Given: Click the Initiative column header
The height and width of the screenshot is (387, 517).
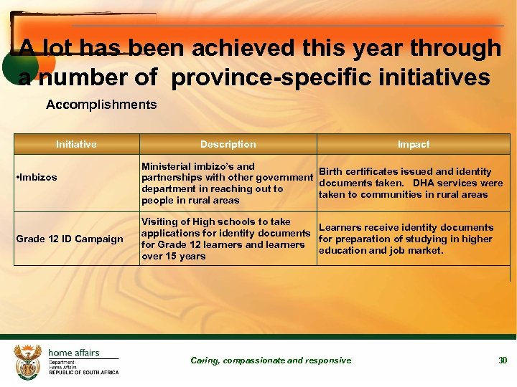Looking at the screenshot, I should coord(76,144).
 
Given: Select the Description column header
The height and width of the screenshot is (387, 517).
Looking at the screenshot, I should coord(228,144).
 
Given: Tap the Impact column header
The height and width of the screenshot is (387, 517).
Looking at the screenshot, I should coord(414,144).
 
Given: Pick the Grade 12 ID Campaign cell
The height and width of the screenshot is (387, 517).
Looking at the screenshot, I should coord(70,239).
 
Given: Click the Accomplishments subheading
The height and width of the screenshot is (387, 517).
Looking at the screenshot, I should coord(101,105).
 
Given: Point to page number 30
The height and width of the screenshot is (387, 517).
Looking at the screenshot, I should coord(503,360).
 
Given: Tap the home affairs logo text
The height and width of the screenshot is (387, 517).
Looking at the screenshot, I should coord(74,353).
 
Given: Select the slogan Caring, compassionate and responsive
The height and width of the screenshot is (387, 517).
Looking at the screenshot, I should coord(271,360).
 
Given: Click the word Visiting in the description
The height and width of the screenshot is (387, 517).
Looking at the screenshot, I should coord(161,221).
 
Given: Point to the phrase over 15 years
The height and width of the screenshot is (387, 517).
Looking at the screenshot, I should coord(174,256).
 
